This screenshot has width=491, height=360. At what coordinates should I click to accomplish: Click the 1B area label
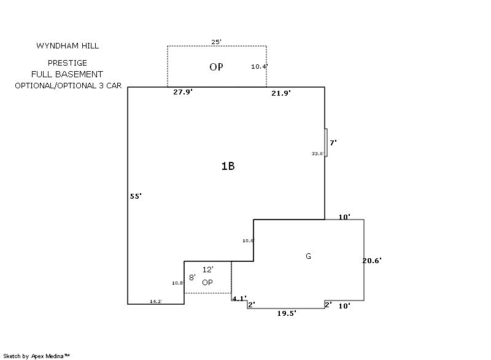(x=228, y=166)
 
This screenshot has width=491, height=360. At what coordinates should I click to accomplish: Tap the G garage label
(x=308, y=256)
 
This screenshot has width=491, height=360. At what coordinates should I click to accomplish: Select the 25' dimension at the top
(x=216, y=42)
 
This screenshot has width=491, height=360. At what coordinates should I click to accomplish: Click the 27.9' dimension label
(x=183, y=92)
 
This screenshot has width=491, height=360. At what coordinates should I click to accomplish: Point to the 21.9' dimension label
(x=281, y=93)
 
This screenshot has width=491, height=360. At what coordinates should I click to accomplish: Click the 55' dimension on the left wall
(x=136, y=196)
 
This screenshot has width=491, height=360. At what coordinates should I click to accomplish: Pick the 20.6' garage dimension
(x=372, y=261)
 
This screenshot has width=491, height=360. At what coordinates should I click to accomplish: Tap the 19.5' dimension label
(x=287, y=313)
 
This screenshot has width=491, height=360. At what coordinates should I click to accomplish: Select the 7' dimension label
(x=333, y=142)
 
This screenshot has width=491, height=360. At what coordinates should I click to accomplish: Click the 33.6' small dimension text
(x=318, y=153)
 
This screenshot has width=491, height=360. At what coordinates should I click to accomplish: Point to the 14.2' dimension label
(x=156, y=301)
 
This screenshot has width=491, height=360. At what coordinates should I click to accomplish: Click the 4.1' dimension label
(x=239, y=299)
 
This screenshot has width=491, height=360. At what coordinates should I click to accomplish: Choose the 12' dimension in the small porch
(x=207, y=269)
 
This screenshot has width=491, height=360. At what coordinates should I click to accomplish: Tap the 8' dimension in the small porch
(x=191, y=278)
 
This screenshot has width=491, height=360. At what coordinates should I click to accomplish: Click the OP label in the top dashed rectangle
(x=216, y=67)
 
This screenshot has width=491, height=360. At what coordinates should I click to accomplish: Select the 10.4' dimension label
(x=260, y=66)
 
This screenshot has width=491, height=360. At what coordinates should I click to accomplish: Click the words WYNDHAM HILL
(x=68, y=46)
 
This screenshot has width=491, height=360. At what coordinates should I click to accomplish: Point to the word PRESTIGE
(x=68, y=63)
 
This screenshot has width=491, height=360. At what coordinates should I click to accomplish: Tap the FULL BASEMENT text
(x=67, y=74)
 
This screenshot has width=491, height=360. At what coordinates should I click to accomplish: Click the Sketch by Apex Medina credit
(x=36, y=356)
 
